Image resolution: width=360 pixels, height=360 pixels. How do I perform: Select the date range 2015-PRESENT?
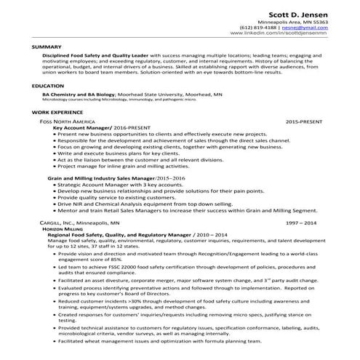point(307,122)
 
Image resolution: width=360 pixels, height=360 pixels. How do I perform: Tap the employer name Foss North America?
point(71,122)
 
